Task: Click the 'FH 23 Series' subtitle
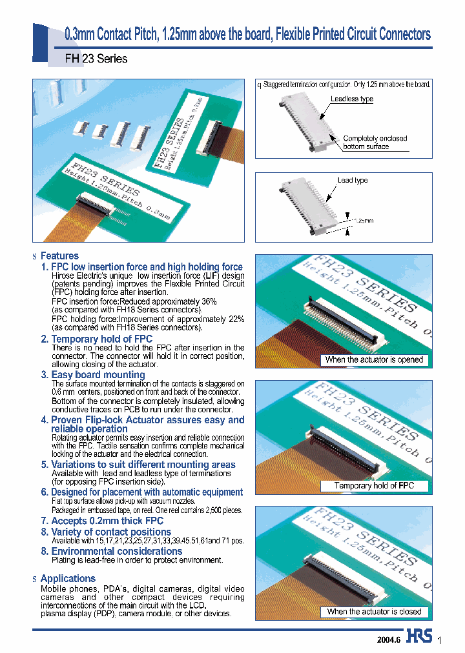pos(96,59)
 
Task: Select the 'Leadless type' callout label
pos(352,99)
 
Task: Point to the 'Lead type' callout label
pos(353,180)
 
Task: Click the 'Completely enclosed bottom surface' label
pos(375,143)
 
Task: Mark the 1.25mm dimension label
pos(363,221)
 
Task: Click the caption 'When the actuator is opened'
pos(374,360)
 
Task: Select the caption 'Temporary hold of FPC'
pos(374,485)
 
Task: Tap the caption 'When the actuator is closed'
pos(374,612)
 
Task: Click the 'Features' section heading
pos(59,256)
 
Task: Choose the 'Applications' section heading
pos(68,579)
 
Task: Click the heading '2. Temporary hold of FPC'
pos(97,339)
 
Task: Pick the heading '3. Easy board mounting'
pos(93,375)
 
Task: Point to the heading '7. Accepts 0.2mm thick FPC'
pos(102,521)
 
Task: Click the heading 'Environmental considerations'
pos(116,552)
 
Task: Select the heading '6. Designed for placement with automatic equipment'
pos(142,492)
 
